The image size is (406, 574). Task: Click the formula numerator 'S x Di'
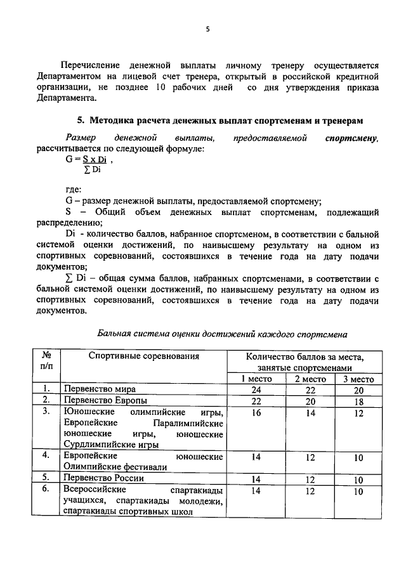coord(95,160)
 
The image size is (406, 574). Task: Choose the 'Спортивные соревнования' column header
coord(143,356)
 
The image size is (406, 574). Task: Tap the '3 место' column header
coord(358,379)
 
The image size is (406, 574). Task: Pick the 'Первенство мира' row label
coord(98,389)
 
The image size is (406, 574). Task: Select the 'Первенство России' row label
coord(102,478)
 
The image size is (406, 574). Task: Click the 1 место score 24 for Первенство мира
coord(256,389)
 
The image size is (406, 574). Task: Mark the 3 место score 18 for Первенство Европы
coord(358,401)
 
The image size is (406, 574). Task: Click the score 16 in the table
coord(256,412)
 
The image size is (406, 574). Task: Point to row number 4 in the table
coord(46,456)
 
